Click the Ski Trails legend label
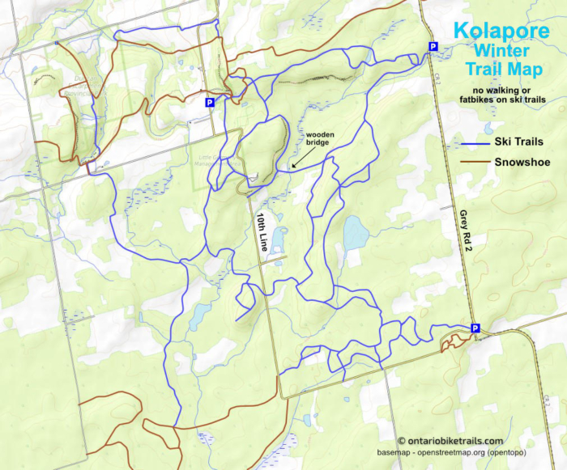[x=522, y=142]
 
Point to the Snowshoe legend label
[x=522, y=162]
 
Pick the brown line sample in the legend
[x=469, y=163]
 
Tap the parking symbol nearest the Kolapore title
[x=433, y=47]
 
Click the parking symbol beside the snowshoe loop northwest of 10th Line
[x=209, y=103]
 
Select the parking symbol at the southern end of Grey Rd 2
[x=475, y=328]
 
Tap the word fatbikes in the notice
[x=486, y=100]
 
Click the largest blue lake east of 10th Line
[x=355, y=233]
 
